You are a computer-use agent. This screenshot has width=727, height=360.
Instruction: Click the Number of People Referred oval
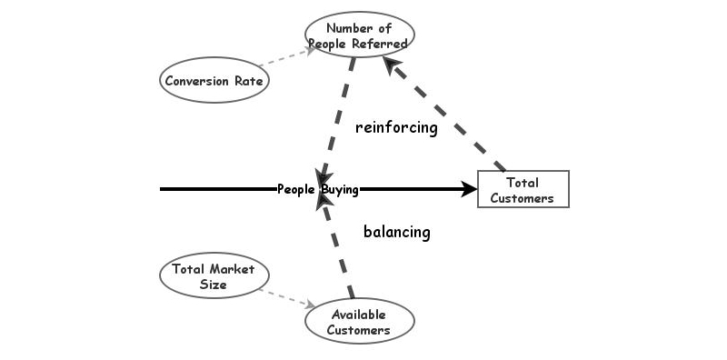[x=359, y=35]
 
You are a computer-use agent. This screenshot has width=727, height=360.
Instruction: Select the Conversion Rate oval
[x=214, y=80]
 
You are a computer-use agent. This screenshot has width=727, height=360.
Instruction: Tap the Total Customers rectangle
[x=523, y=189]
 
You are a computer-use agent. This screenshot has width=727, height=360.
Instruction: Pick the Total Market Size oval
[x=214, y=276]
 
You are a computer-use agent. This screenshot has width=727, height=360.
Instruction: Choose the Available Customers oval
[x=360, y=322]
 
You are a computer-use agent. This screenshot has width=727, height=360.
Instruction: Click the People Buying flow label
[x=318, y=189]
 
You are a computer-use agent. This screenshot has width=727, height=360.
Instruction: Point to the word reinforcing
[x=396, y=127]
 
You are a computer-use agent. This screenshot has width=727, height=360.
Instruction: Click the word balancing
[x=396, y=232]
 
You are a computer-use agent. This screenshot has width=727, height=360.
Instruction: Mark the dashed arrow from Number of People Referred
[x=337, y=118]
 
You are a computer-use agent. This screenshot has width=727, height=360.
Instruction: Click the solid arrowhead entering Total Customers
[x=469, y=189]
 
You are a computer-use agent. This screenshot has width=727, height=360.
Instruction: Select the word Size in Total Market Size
[x=214, y=285]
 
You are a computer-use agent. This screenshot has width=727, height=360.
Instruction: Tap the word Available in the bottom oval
[x=360, y=315]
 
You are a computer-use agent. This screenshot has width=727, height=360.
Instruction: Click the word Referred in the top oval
[x=381, y=43]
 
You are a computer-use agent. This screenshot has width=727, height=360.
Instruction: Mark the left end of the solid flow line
[x=162, y=189]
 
